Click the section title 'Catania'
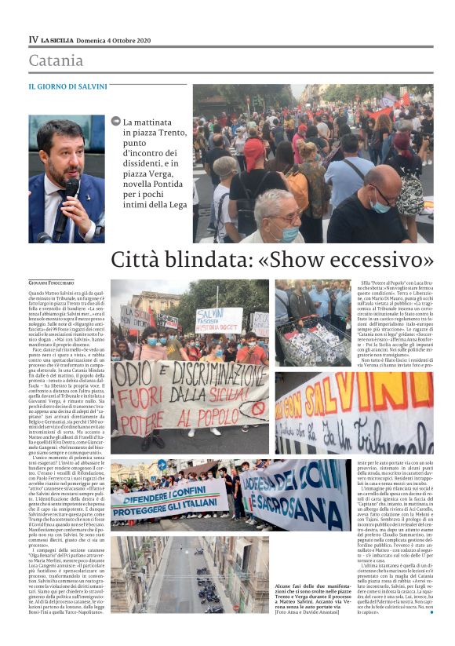click(x=56, y=60)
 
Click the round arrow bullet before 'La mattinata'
click(x=116, y=122)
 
